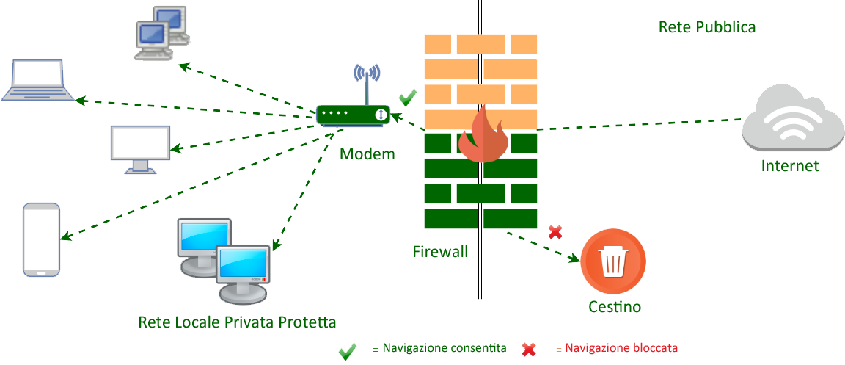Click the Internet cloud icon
coord(789,121)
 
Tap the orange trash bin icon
coord(613,261)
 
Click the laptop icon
coord(37,81)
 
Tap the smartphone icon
coord(42,239)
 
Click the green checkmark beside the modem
coord(408,97)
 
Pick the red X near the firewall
coord(555,232)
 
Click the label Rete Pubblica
coord(706,28)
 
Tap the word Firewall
coord(440,252)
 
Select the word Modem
coord(367,154)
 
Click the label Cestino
coord(615,307)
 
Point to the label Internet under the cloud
coord(790,166)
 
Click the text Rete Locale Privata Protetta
coord(237,322)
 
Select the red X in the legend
coord(528,350)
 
